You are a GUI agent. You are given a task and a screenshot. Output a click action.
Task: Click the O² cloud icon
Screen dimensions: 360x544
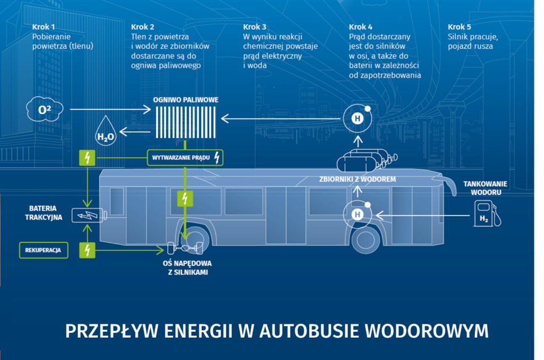coord(44,110)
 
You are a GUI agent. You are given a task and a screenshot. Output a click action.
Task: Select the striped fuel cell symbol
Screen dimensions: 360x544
coord(184,123)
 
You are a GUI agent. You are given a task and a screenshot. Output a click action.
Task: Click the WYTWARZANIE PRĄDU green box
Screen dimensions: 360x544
coord(185,157)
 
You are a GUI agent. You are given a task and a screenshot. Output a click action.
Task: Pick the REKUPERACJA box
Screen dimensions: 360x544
coord(43,250)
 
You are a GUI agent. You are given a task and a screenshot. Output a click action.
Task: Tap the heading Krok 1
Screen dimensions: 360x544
coord(43,27)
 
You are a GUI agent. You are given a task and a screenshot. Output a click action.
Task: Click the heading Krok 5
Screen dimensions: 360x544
coord(460,27)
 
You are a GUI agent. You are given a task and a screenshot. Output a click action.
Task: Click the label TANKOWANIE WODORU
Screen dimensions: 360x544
coord(485,188)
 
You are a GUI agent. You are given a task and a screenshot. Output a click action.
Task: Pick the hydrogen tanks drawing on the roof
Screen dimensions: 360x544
coord(367,159)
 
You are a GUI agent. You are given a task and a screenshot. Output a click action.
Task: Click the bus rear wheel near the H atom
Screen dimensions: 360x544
coord(365,239)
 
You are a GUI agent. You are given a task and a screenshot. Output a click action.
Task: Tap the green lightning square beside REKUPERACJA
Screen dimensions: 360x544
coord(87,250)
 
